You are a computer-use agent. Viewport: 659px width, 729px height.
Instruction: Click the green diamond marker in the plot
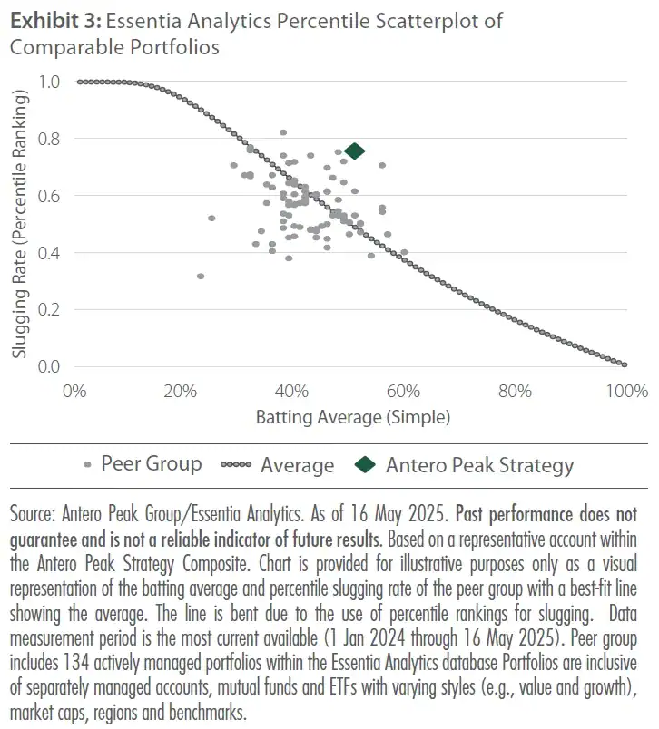[354, 151]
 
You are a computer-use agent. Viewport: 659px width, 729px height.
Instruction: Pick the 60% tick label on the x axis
[402, 392]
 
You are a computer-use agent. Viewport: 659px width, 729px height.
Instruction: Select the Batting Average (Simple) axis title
[352, 418]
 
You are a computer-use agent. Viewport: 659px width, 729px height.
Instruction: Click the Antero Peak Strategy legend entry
[479, 465]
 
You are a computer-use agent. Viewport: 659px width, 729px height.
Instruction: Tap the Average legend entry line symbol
[237, 466]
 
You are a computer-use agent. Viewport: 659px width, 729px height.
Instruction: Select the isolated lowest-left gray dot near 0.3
[201, 277]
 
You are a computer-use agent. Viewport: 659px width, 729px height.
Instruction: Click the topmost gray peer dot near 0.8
[283, 132]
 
